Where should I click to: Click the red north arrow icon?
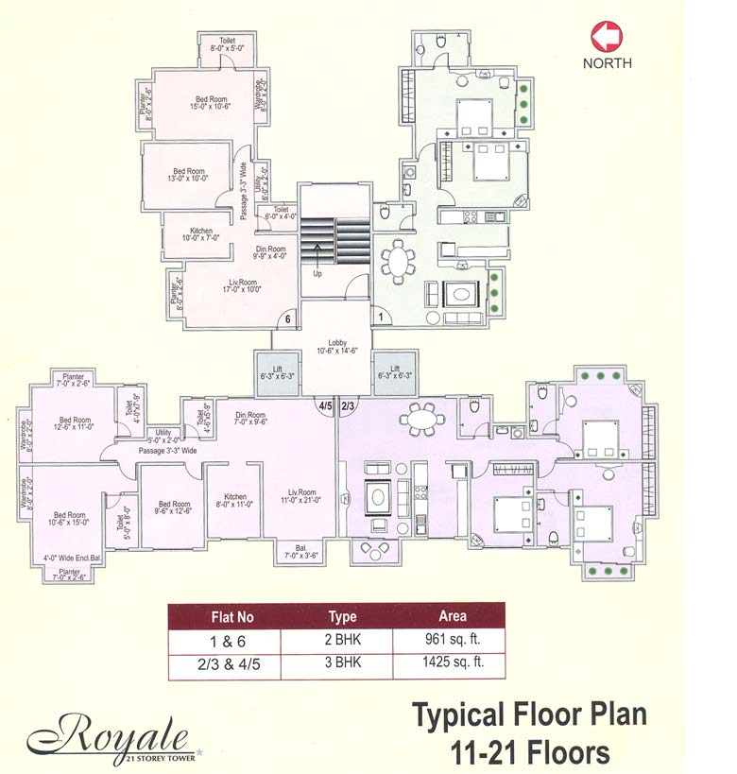[x=607, y=36]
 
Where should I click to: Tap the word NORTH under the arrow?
[x=607, y=63]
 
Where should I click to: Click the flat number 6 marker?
[x=288, y=319]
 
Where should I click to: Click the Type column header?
[x=342, y=617]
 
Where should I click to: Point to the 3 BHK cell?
[x=342, y=663]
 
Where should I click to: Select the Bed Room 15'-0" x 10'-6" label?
[x=210, y=104]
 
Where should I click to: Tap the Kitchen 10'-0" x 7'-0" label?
[x=201, y=235]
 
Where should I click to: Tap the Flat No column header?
[x=231, y=617]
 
